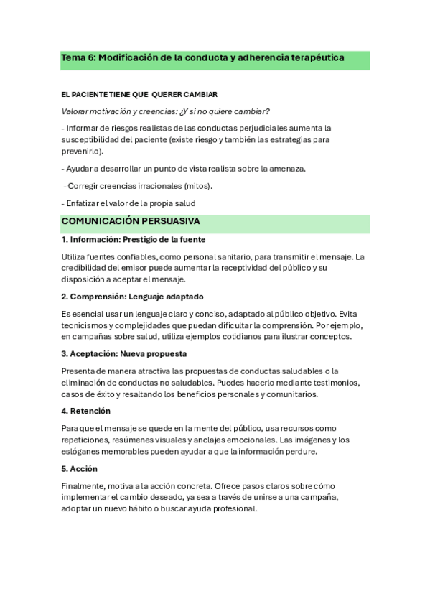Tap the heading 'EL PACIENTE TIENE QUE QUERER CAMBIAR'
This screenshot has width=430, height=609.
[139, 95]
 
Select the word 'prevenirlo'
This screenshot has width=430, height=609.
[82, 152]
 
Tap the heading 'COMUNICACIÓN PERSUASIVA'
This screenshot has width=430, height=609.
[130, 222]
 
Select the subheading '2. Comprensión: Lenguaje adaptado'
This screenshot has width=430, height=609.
[133, 297]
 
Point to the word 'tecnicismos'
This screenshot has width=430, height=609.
[85, 325]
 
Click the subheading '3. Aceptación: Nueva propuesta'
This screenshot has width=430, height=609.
[124, 354]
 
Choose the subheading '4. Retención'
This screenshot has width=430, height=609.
[86, 412]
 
